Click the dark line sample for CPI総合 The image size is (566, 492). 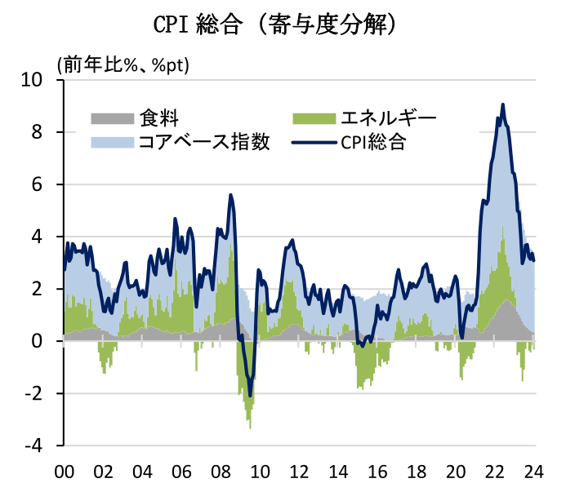click(313, 143)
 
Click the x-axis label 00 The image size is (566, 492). click(64, 472)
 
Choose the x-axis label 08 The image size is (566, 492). click(221, 472)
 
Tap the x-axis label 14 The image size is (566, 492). click(338, 472)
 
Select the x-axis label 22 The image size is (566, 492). click(495, 472)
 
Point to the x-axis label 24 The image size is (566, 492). click(534, 472)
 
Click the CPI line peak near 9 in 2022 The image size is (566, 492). click(503, 104)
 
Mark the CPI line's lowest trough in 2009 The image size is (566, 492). click(250, 396)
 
